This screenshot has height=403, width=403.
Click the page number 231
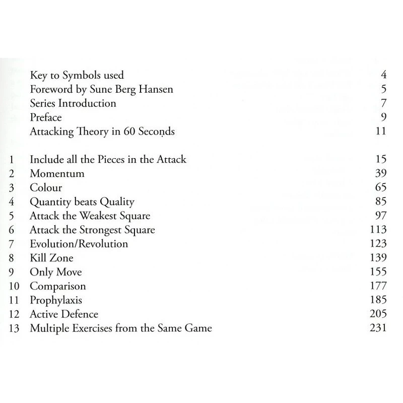coord(377,328)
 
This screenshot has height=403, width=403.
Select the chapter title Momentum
coord(57,174)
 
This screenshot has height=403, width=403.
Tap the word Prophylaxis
coord(56,301)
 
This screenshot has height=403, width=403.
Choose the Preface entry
coord(46,118)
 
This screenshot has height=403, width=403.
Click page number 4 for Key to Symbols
coord(383,76)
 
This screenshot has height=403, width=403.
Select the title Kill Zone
coord(51,258)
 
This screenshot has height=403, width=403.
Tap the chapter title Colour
coord(46,188)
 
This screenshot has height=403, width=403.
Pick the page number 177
coord(377,287)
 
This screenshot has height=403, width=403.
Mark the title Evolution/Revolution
coord(79,244)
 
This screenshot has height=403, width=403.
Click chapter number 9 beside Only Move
coord(12,273)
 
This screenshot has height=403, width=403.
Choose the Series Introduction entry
coord(73,103)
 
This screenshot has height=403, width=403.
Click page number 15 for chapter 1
coord(380,160)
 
